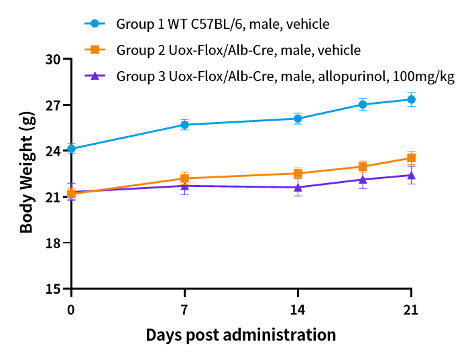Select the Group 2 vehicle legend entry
click(238, 50)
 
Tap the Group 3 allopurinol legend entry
click(285, 76)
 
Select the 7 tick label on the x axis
click(184, 310)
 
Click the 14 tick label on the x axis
click(298, 310)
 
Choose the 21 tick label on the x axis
click(411, 310)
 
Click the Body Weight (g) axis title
click(27, 173)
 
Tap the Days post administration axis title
click(241, 334)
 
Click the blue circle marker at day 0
click(71, 149)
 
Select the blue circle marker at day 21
click(411, 100)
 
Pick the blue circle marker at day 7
click(184, 125)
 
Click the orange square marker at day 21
click(411, 158)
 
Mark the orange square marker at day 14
click(298, 173)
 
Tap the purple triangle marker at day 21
click(411, 175)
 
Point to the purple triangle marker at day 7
click(184, 185)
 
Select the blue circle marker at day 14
click(298, 119)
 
